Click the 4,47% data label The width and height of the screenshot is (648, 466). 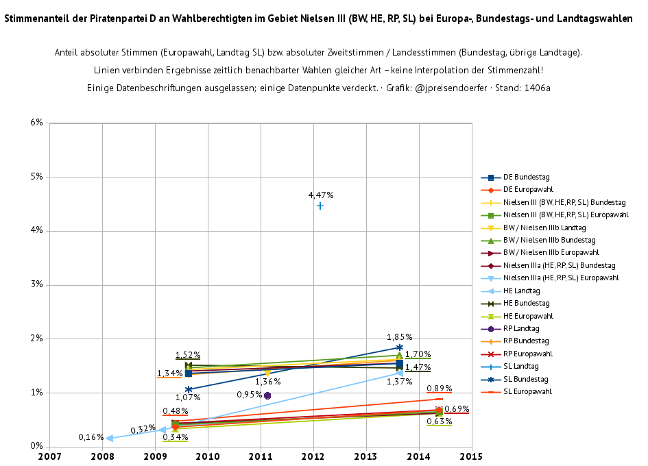(x=320, y=195)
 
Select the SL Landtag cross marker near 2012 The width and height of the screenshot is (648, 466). (x=320, y=206)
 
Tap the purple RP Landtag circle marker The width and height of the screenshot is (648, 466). (x=267, y=395)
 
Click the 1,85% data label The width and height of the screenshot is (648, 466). (x=400, y=337)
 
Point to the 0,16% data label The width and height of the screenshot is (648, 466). (x=91, y=437)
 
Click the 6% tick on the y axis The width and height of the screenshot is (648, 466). (x=36, y=123)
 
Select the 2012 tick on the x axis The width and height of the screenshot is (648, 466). (x=313, y=456)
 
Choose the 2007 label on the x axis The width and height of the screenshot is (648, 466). (x=49, y=456)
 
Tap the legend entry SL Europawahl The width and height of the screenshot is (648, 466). (x=527, y=392)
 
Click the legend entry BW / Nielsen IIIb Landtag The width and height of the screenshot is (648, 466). (x=544, y=228)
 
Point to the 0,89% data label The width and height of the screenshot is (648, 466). (x=439, y=389)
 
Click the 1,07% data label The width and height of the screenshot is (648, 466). (x=188, y=397)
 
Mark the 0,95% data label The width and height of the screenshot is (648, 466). (x=249, y=395)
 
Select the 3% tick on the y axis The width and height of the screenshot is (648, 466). (x=36, y=284)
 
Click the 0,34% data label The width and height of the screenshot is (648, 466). (x=176, y=437)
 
